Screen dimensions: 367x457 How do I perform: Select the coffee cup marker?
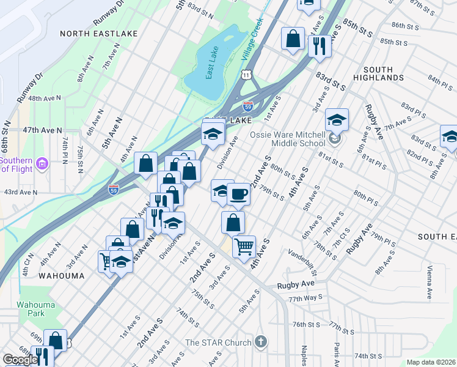point(238,194)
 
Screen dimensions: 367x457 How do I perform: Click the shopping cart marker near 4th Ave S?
point(244,247)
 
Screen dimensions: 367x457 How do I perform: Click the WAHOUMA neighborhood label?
point(61,276)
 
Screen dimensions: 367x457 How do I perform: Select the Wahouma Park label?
point(31,308)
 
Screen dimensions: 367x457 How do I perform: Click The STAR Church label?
point(218,343)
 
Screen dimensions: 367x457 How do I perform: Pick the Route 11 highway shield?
point(245,73)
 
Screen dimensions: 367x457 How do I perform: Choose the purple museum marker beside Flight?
point(42,163)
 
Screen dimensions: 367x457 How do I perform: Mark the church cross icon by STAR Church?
point(261,341)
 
